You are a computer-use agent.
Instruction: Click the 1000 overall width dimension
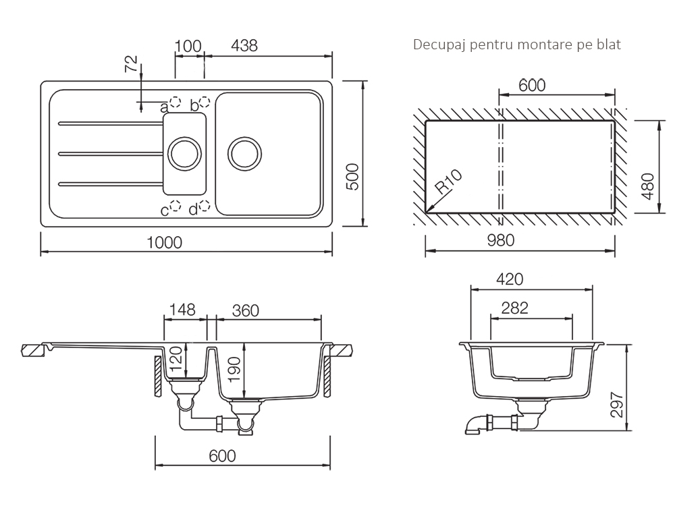[x=165, y=243]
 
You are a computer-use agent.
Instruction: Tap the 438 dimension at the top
[x=244, y=46]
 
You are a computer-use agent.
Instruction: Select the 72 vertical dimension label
[x=132, y=64]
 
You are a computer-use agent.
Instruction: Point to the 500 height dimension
[x=352, y=176]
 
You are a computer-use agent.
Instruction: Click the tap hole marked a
[x=175, y=102]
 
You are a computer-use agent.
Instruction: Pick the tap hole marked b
[x=204, y=102]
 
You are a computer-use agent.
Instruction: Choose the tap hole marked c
[x=175, y=206]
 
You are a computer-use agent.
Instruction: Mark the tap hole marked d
[x=204, y=206]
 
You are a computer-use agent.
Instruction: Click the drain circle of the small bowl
[x=184, y=154]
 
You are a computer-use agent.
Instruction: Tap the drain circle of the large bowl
[x=244, y=154]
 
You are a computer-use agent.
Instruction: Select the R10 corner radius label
[x=448, y=181]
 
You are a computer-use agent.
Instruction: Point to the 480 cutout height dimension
[x=647, y=186]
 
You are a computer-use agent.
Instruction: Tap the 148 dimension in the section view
[x=182, y=310]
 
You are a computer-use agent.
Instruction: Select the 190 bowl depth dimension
[x=234, y=369]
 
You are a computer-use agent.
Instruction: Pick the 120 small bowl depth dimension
[x=177, y=360]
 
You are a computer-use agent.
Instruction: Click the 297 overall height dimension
[x=618, y=404]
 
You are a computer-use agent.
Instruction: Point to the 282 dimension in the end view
[x=514, y=308]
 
